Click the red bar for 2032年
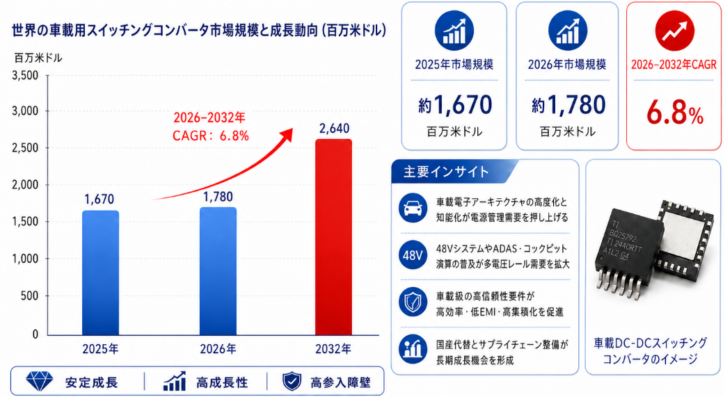333,236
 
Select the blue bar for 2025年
100,273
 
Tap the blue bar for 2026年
218,271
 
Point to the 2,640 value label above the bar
334,128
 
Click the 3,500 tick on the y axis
26,75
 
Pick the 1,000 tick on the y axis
26,259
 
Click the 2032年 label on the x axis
333,349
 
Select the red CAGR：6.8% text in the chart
211,136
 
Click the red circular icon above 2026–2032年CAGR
675,31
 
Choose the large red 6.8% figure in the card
675,113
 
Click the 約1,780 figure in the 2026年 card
568,105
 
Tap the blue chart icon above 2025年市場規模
454,31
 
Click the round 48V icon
413,254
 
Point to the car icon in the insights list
413,208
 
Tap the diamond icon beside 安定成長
39,381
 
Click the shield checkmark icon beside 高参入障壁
292,382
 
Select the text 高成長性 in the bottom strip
222,382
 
